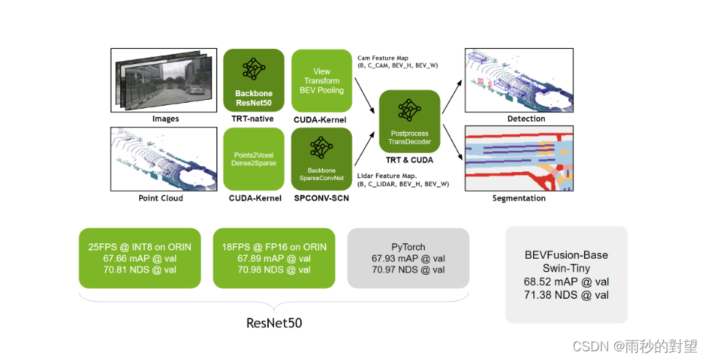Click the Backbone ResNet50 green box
pyautogui.click(x=253, y=79)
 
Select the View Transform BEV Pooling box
pyautogui.click(x=321, y=80)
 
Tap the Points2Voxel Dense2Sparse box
pyautogui.click(x=253, y=159)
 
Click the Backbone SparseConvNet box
pyautogui.click(x=321, y=159)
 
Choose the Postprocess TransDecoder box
pyautogui.click(x=409, y=121)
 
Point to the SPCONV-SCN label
pyautogui.click(x=321, y=198)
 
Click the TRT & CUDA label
pyautogui.click(x=409, y=158)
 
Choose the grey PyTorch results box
pyautogui.click(x=408, y=259)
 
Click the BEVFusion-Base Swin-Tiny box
pyautogui.click(x=566, y=275)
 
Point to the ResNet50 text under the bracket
pyautogui.click(x=273, y=321)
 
